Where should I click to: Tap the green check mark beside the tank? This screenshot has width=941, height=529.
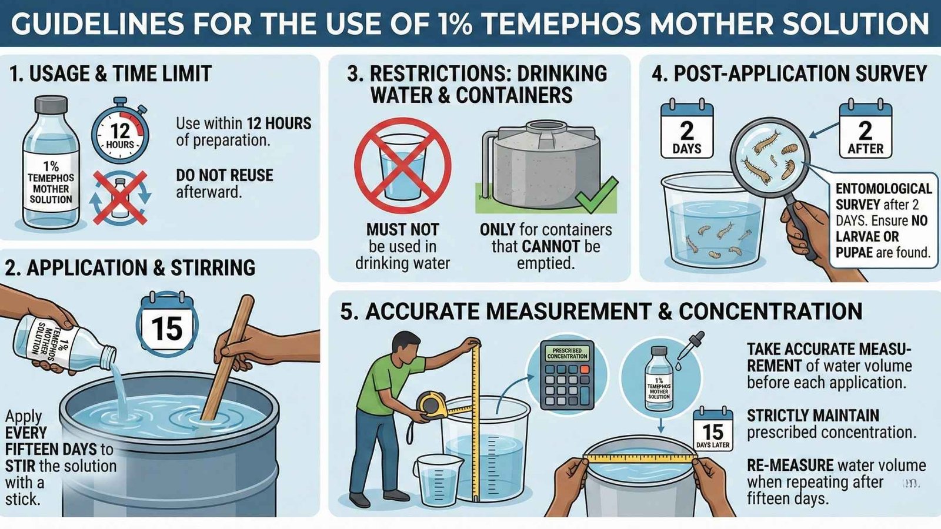pyautogui.click(x=597, y=195)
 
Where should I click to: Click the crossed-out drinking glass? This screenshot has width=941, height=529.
pyautogui.click(x=402, y=165)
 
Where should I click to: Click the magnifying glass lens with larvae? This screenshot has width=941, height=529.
pyautogui.click(x=770, y=156)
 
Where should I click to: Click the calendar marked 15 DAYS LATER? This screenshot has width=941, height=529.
pyautogui.click(x=713, y=430)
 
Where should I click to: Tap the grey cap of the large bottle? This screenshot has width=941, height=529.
pyautogui.click(x=51, y=104)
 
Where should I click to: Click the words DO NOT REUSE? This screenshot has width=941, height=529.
pyautogui.click(x=224, y=175)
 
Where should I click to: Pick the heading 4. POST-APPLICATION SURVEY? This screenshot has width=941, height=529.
pyautogui.click(x=789, y=73)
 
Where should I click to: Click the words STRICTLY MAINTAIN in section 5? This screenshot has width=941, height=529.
pyautogui.click(x=813, y=415)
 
